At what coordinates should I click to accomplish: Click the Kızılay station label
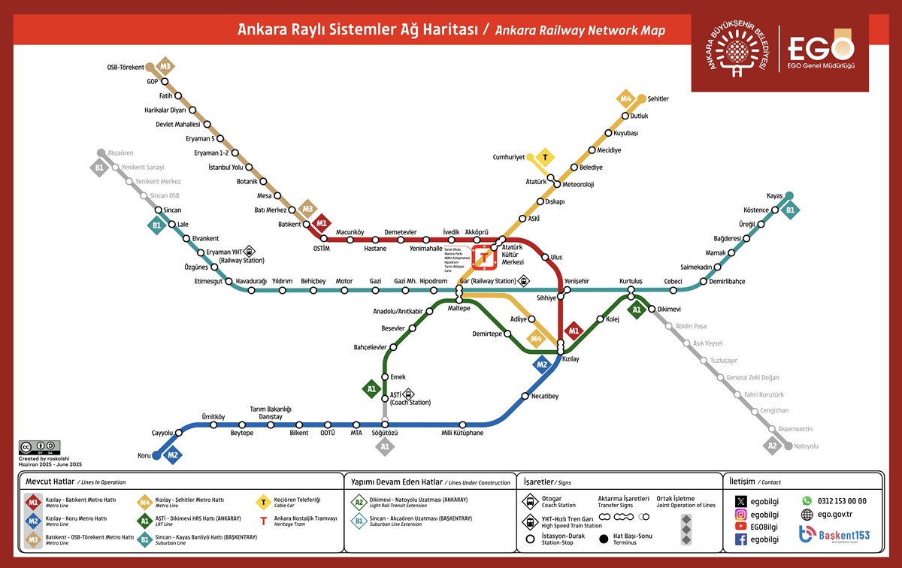pos(571,360)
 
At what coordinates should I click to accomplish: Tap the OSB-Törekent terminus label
pos(126,67)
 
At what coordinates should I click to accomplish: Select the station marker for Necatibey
pos(525,396)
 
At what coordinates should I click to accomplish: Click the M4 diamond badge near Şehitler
pos(626,98)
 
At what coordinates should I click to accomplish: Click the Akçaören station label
pos(120,153)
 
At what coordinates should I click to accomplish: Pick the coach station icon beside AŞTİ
pos(408,393)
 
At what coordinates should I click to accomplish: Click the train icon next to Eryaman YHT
pos(250,252)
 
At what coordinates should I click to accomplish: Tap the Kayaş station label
pos(774,195)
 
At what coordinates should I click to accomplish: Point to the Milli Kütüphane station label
pos(462,434)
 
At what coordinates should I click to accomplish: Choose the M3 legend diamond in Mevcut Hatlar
pos(33,537)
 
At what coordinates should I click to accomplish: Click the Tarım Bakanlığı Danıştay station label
pos(271,412)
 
